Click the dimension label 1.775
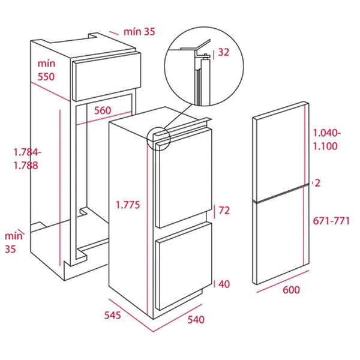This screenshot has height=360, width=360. [x=127, y=205]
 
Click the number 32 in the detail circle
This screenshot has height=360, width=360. [x=224, y=52]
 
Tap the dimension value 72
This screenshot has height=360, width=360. [x=224, y=211]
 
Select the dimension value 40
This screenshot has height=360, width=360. [x=224, y=284]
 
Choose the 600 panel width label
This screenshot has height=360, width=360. [x=290, y=290]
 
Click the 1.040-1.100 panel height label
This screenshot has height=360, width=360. [x=327, y=140]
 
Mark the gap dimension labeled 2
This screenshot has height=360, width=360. [x=319, y=184]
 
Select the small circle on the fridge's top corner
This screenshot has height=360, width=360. [x=158, y=137]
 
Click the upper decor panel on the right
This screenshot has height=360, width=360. [x=281, y=150]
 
